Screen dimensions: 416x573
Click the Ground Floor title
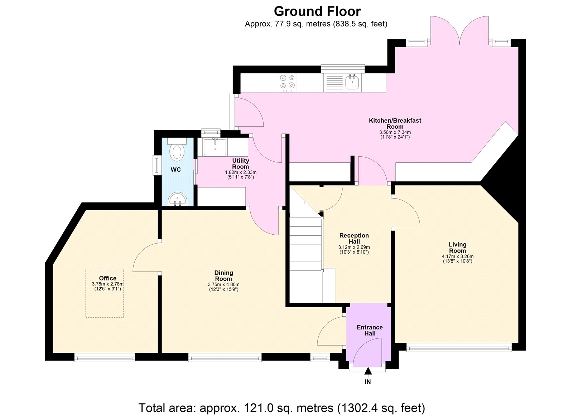(x=317, y=11)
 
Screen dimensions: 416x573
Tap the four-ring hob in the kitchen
(x=288, y=81)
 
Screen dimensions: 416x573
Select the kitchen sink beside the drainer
(x=352, y=83)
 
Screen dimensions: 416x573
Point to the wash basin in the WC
(x=177, y=199)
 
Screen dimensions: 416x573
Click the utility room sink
(x=215, y=147)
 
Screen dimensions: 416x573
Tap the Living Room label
(x=457, y=247)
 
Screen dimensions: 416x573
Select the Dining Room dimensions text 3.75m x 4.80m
(x=223, y=285)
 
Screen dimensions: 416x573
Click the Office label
(x=107, y=278)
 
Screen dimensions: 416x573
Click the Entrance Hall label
(x=370, y=330)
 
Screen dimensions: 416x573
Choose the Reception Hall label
(x=354, y=238)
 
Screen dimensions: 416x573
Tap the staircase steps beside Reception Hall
(x=305, y=250)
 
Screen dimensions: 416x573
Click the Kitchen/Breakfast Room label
(x=395, y=123)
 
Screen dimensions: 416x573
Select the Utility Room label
(x=240, y=163)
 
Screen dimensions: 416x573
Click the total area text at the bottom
(x=281, y=407)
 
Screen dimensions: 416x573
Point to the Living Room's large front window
(x=459, y=347)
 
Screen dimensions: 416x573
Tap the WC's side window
(x=156, y=165)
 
